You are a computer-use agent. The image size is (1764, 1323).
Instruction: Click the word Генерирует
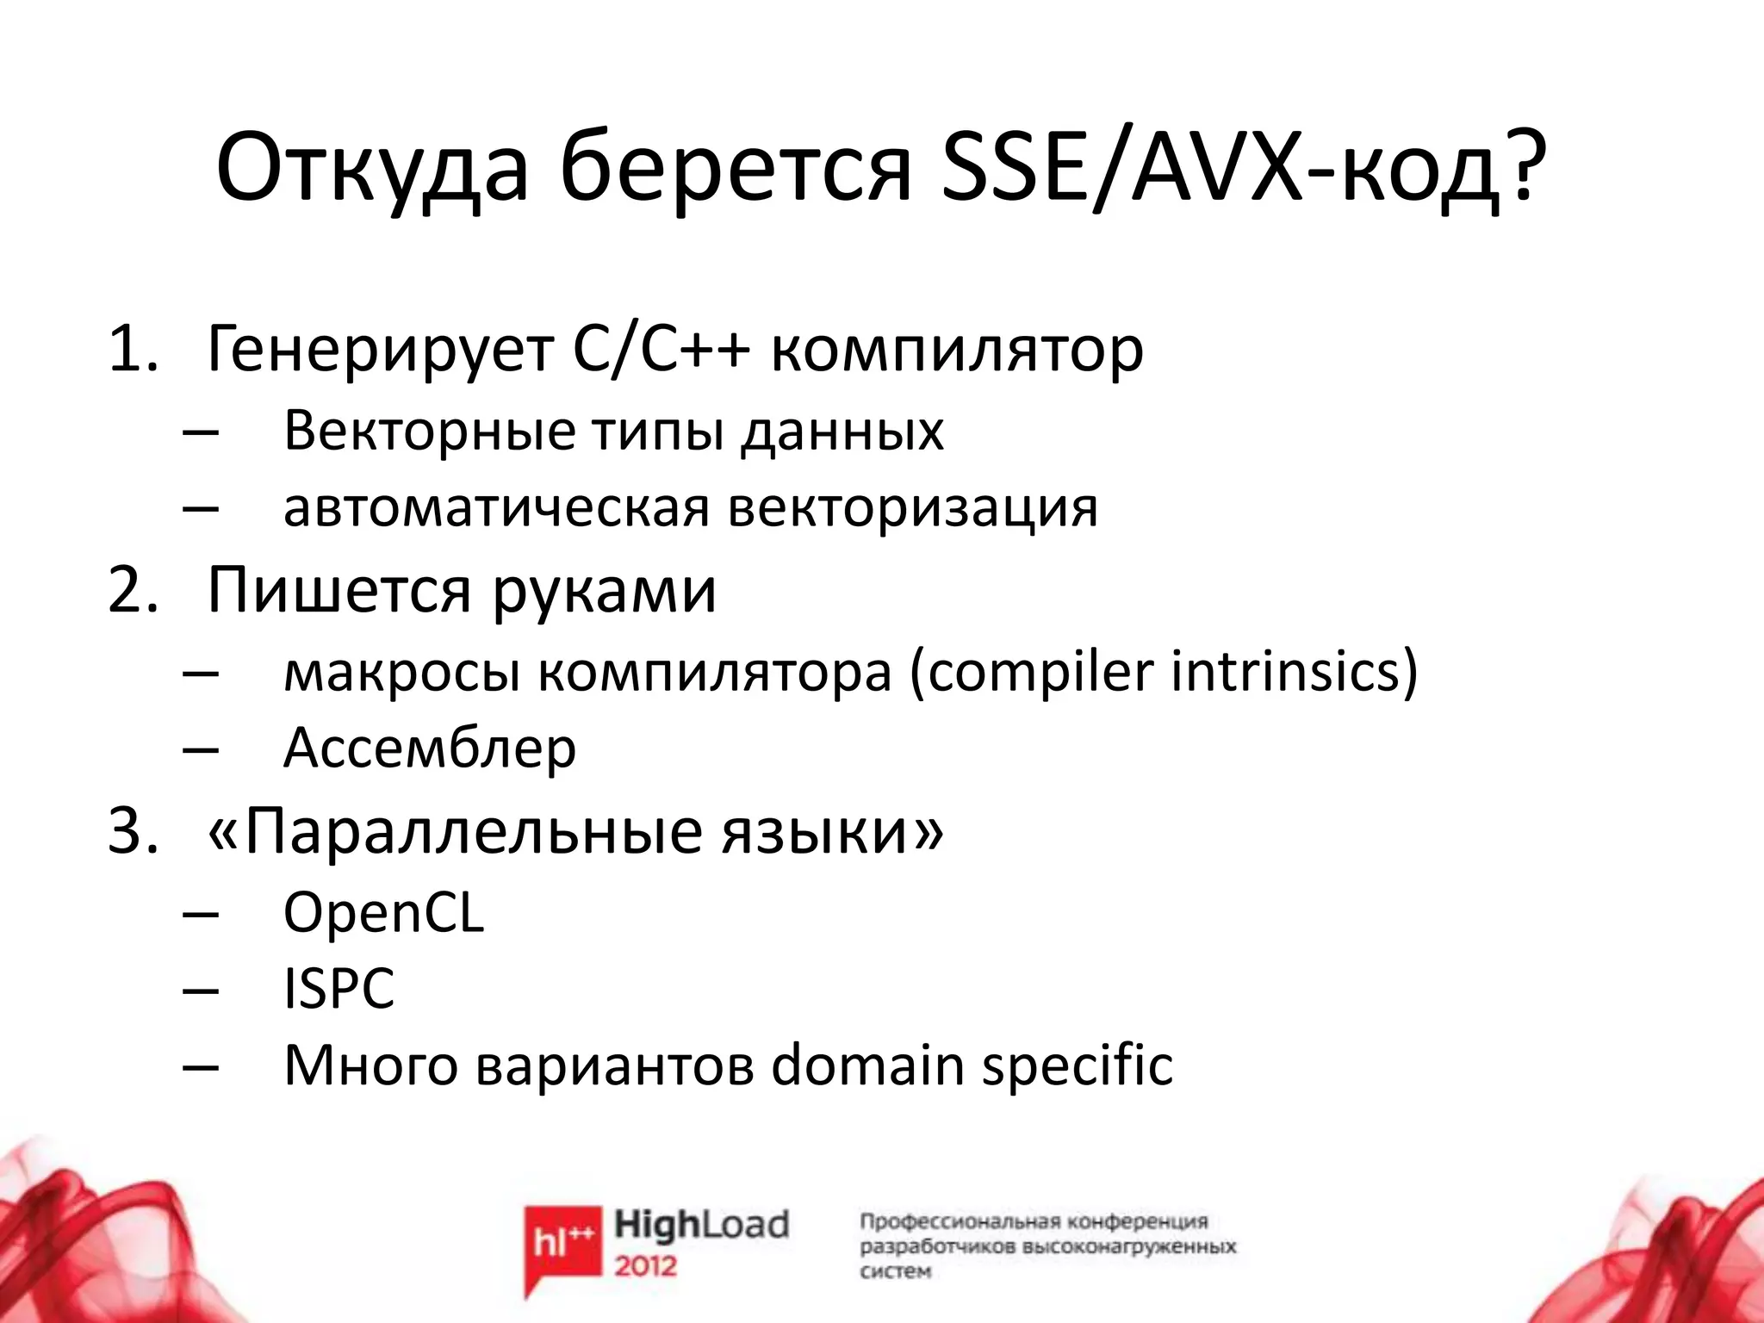(380, 350)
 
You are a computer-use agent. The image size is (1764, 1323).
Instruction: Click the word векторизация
(912, 508)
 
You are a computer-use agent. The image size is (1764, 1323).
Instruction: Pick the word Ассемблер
(429, 748)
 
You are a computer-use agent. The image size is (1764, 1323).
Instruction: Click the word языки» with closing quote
(832, 832)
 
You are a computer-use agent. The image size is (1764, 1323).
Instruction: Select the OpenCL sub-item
(383, 913)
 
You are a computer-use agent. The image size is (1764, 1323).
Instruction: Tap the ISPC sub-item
(339, 989)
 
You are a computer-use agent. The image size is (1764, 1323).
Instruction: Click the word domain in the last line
(866, 1066)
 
